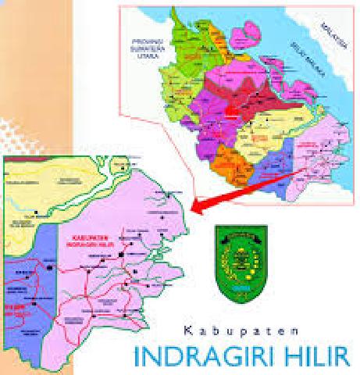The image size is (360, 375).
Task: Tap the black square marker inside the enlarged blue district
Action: (x=50, y=266)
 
